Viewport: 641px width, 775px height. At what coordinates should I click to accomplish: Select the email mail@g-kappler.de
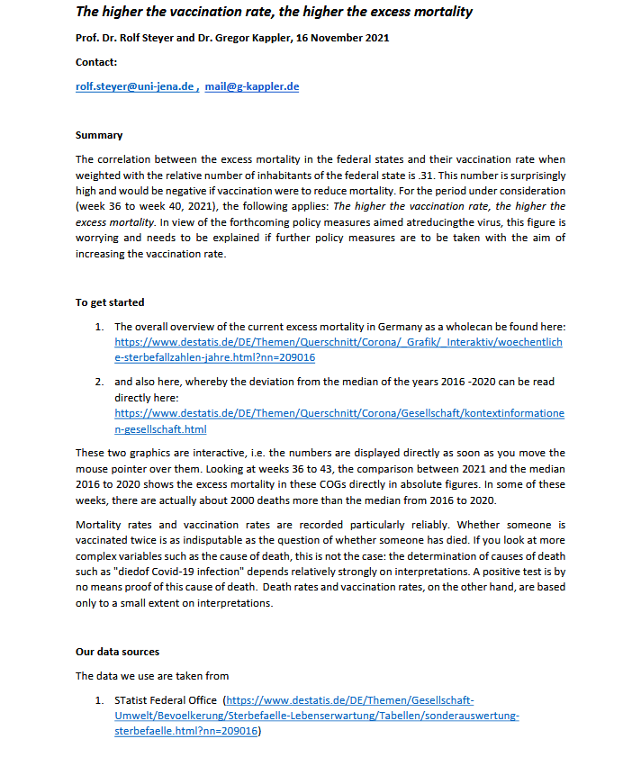tap(252, 86)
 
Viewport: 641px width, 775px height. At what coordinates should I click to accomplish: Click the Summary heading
tap(99, 135)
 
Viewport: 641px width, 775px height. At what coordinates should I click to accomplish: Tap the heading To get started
tap(110, 302)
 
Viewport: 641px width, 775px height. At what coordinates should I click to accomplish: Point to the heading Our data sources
tap(117, 652)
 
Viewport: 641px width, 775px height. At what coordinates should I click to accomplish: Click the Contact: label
tap(96, 62)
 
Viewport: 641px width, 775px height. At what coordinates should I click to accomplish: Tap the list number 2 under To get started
tap(100, 382)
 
